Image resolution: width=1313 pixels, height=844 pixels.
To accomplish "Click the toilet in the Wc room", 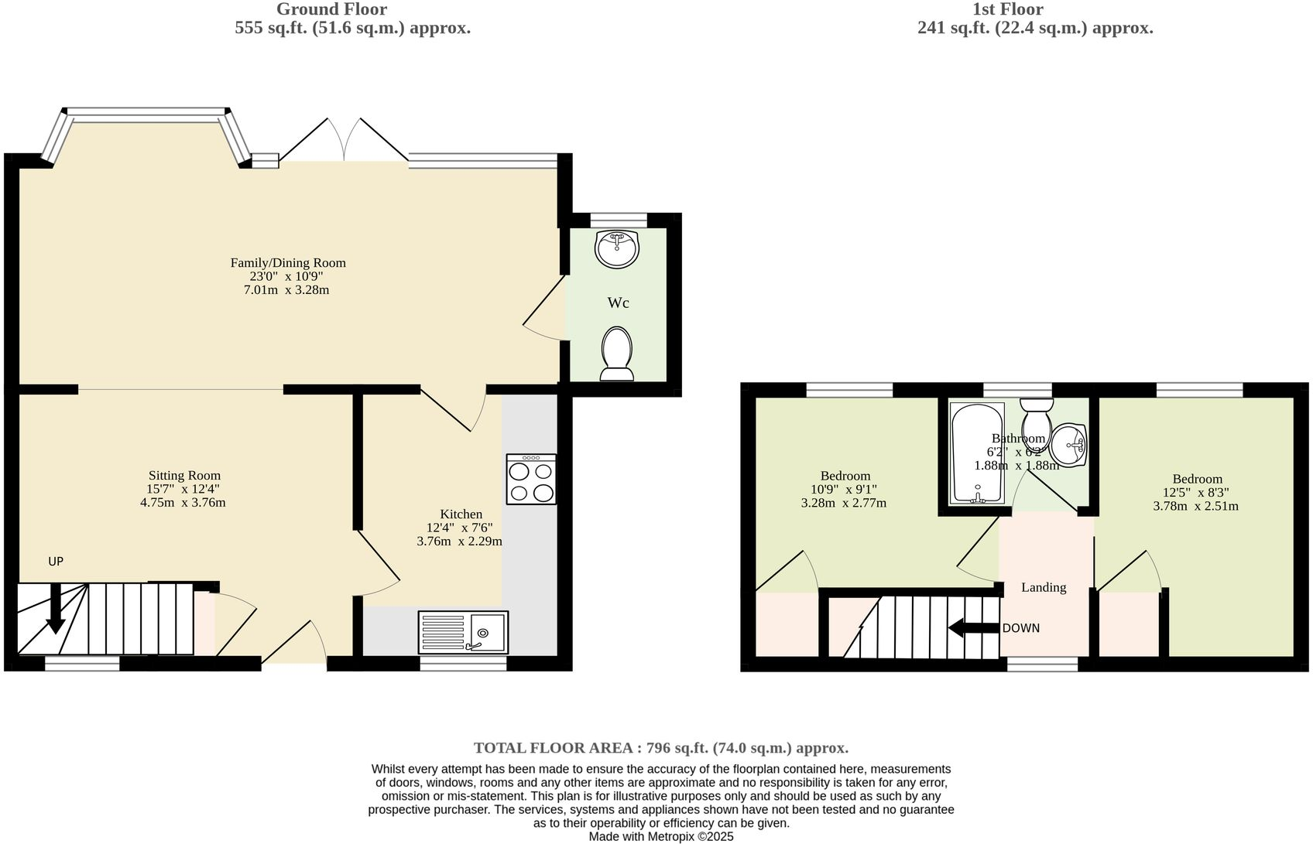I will (616, 354).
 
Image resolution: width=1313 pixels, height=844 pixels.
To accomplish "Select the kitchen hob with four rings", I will (531, 480).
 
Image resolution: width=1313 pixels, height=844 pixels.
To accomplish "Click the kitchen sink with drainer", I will (463, 632).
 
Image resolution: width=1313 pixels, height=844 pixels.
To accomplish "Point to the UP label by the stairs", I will (56, 562).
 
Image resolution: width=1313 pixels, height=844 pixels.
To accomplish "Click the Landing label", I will (1043, 587).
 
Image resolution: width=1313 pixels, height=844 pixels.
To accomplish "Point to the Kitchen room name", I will (461, 514).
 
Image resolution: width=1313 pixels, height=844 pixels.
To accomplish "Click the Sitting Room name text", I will (184, 476).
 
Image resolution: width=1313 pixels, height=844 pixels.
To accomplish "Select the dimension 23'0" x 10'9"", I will (287, 276).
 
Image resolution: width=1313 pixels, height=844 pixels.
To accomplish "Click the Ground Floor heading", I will (331, 9).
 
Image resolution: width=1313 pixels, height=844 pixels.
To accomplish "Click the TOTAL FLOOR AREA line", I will (660, 748).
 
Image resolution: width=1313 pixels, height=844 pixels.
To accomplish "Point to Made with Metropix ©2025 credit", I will (660, 836).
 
